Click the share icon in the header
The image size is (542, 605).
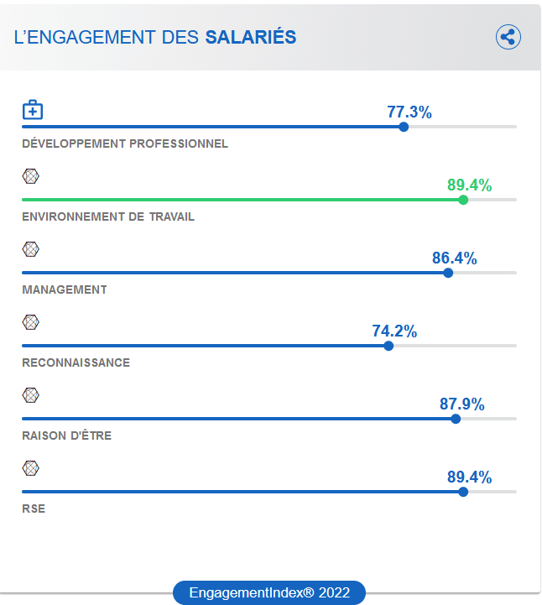[508, 37]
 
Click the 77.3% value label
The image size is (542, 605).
[409, 112]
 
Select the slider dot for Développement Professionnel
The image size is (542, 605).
[404, 127]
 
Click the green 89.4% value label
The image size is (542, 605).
[469, 185]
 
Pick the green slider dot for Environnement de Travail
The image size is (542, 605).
[463, 200]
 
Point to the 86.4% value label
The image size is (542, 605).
[455, 258]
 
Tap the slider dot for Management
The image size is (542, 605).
[448, 273]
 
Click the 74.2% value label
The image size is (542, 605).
[394, 331]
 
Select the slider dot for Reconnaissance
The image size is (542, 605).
[388, 346]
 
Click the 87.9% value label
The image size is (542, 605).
[462, 404]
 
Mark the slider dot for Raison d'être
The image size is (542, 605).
[456, 419]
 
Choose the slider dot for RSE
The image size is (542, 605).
[463, 492]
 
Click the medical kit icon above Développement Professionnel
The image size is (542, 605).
[32, 110]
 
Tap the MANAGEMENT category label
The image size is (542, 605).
[65, 289]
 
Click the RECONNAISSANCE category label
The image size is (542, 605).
[76, 362]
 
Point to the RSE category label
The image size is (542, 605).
[34, 509]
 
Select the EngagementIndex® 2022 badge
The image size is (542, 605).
[269, 592]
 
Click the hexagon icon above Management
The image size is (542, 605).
[31, 249]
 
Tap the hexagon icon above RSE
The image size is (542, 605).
[31, 468]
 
